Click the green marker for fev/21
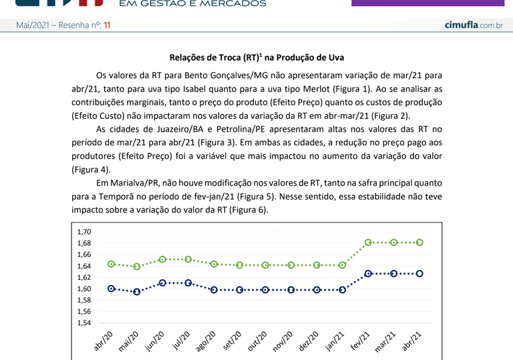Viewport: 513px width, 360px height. pyautogui.click(x=368, y=242)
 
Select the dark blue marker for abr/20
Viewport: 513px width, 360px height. pyautogui.click(x=112, y=289)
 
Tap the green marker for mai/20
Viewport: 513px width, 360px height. pyautogui.click(x=137, y=266)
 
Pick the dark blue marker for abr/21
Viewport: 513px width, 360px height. pyautogui.click(x=419, y=273)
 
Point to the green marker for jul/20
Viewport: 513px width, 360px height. pyautogui.click(x=188, y=259)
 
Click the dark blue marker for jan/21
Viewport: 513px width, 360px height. pyautogui.click(x=343, y=290)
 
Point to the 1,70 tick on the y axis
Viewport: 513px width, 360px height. pyautogui.click(x=84, y=232)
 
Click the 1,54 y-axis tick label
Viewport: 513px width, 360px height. pyautogui.click(x=84, y=323)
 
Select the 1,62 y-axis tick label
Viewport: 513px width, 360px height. pyautogui.click(x=84, y=277)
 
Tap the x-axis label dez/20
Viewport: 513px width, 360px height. pyautogui.click(x=309, y=342)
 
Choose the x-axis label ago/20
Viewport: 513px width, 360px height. pyautogui.click(x=206, y=342)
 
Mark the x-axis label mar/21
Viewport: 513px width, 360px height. pyautogui.click(x=387, y=342)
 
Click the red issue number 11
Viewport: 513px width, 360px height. pyautogui.click(x=107, y=25)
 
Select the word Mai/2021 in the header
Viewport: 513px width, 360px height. pyautogui.click(x=34, y=25)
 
